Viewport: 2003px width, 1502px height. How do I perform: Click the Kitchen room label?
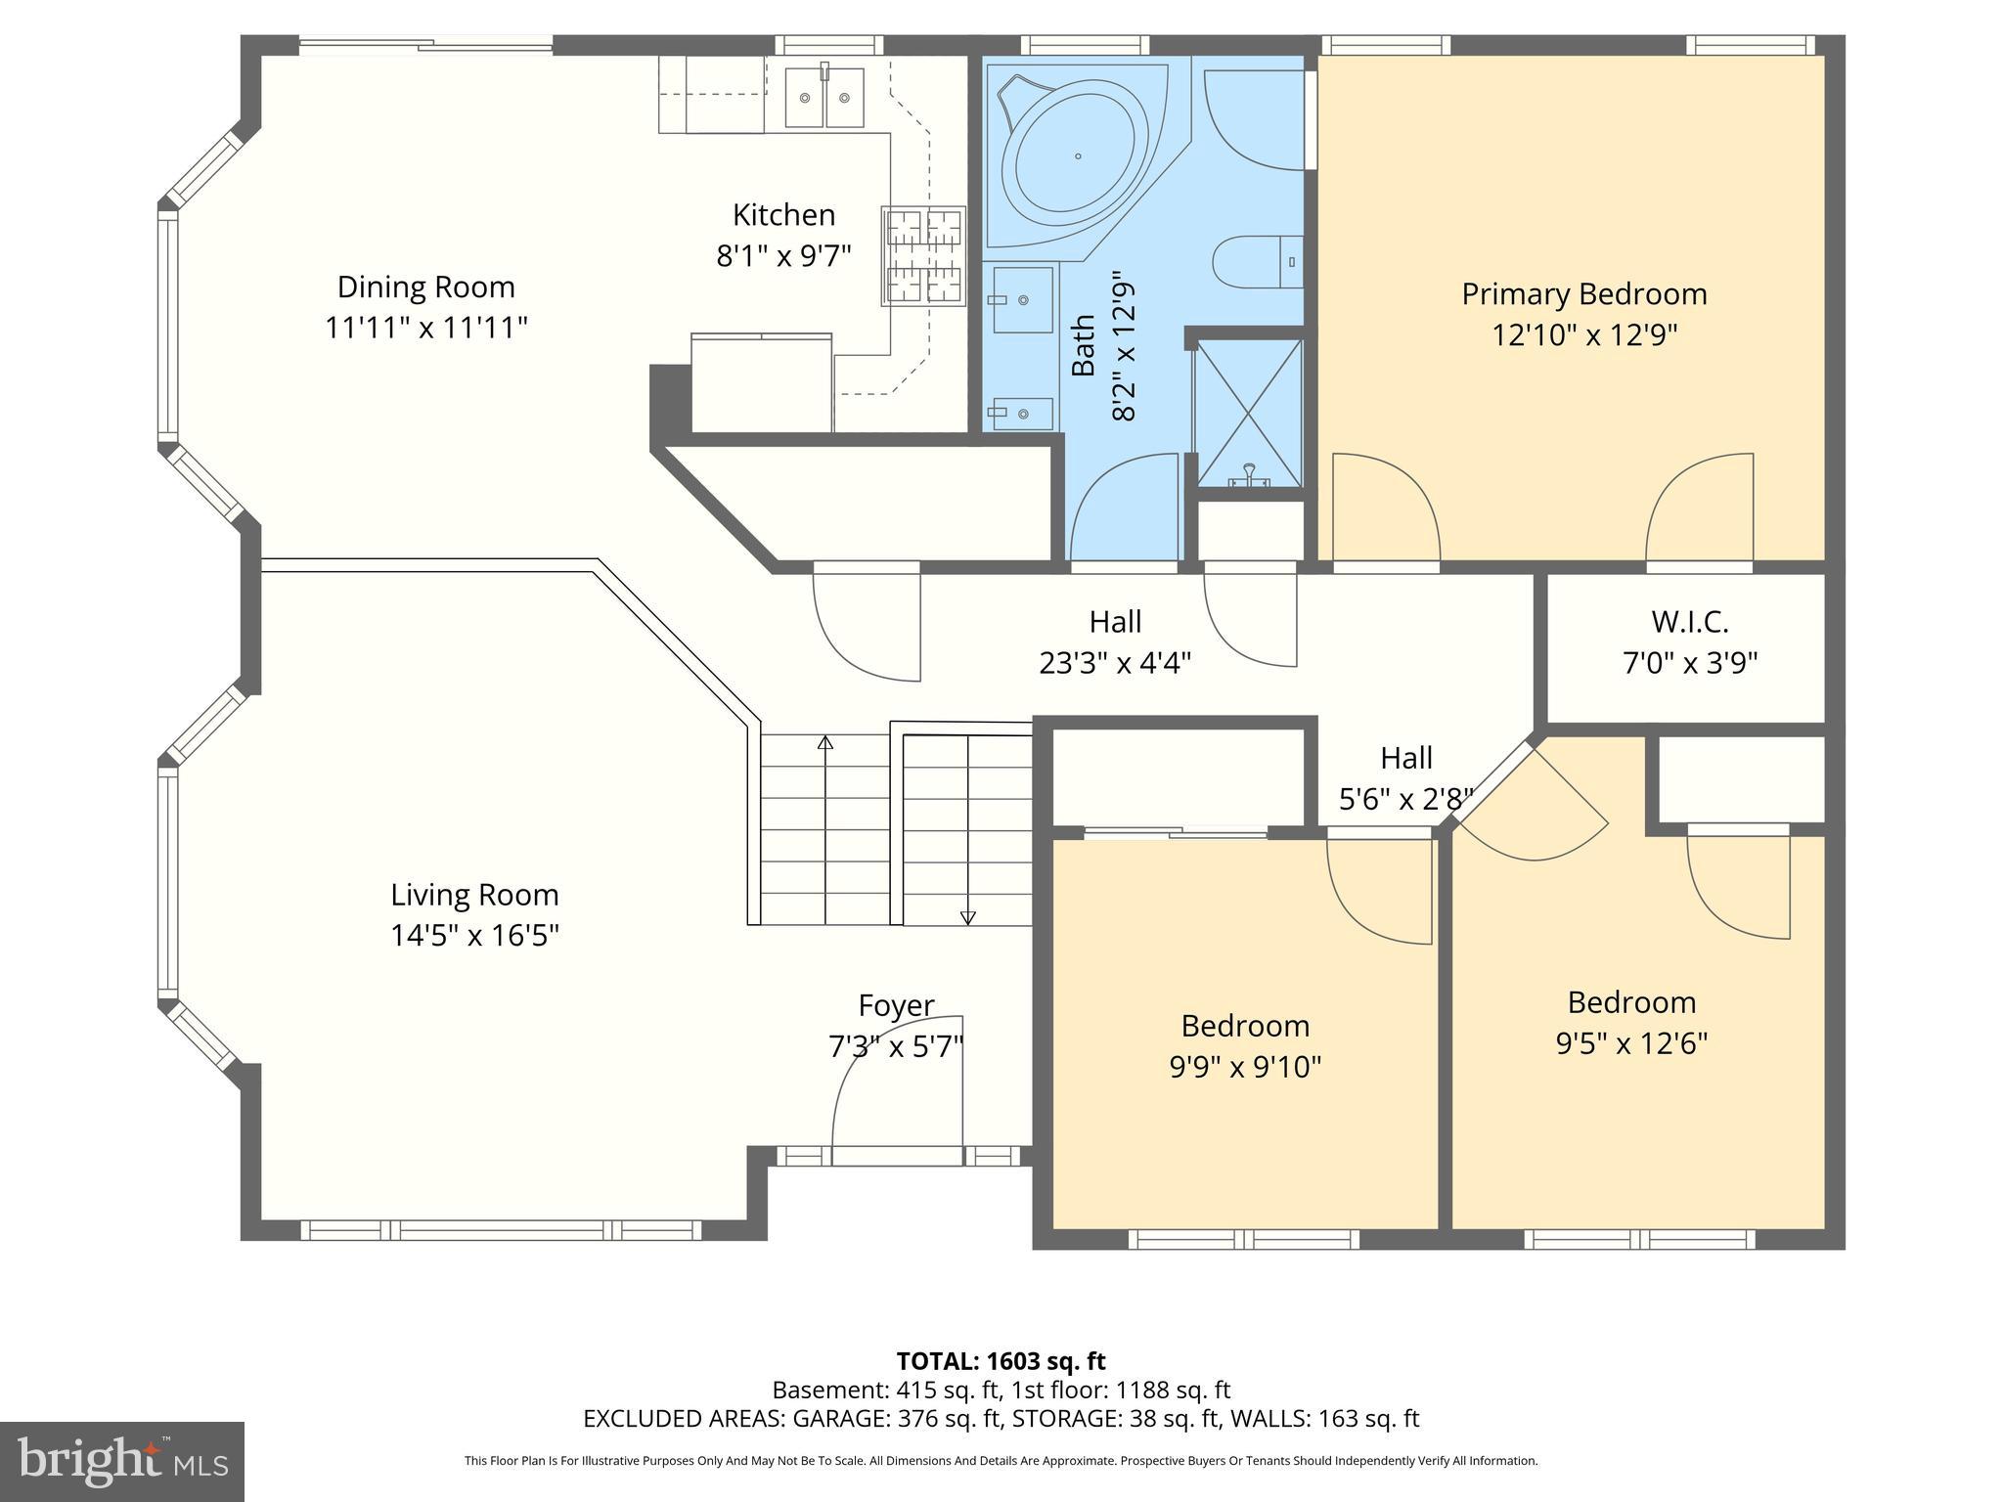coord(783,215)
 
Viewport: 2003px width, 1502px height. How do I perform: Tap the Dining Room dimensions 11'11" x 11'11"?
coord(426,328)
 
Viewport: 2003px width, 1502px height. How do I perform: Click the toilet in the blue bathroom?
coord(1258,262)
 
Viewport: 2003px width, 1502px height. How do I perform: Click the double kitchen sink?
coord(825,98)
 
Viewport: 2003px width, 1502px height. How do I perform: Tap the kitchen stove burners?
coord(923,256)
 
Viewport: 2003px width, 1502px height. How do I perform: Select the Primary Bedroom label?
coord(1583,293)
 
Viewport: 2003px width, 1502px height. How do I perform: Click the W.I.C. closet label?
coord(1689,621)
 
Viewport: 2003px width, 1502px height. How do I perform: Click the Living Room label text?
coord(474,895)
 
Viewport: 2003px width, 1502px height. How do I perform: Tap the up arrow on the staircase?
coord(824,743)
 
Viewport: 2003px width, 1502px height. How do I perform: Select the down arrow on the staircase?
coord(967,916)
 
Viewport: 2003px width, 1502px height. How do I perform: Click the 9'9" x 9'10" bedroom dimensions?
coord(1245,1067)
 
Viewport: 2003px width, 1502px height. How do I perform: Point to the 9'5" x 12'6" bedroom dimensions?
coord(1631,1043)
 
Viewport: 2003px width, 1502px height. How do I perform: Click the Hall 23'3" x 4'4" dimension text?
coord(1115,664)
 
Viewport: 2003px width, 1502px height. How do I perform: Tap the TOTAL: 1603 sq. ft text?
coord(1001,1361)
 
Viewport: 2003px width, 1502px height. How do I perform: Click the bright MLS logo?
coord(121,1462)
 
